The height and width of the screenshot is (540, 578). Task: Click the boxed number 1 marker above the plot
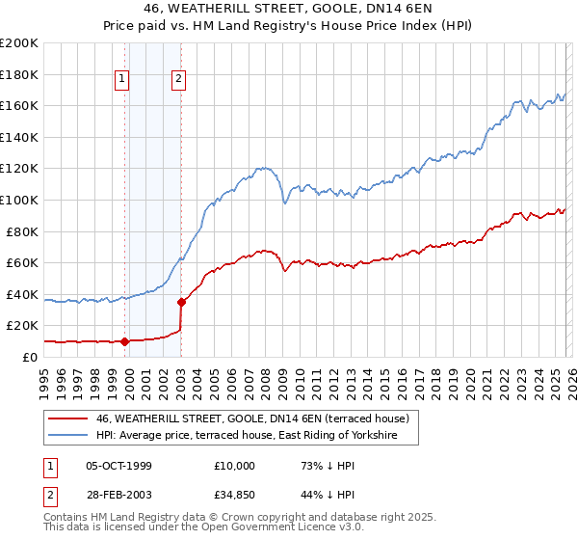coord(124,80)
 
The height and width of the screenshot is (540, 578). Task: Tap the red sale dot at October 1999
coord(124,340)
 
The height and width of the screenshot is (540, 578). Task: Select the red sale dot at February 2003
coord(181,302)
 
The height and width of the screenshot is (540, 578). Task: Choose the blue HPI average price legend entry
coord(257,436)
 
